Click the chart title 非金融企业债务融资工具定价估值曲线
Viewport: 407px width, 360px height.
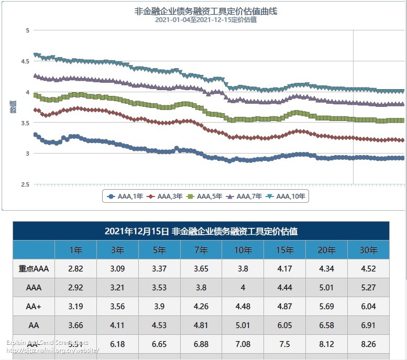point(204,11)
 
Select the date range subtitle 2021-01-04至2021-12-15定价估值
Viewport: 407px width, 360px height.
point(204,20)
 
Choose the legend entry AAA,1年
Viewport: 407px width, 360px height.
point(126,197)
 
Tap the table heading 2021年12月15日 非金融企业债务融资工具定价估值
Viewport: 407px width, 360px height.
point(201,231)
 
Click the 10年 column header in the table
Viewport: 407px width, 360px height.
point(243,250)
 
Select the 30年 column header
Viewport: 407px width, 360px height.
point(368,250)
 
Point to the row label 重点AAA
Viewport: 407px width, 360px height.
point(34,269)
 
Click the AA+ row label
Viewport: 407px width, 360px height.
point(34,307)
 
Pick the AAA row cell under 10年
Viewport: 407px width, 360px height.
point(243,288)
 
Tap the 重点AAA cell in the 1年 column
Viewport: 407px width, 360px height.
point(76,269)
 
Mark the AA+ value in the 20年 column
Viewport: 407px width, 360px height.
point(326,307)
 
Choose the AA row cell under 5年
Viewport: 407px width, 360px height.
point(159,325)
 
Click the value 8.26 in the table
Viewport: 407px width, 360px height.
point(368,344)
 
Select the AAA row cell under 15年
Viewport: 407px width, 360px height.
point(285,288)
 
